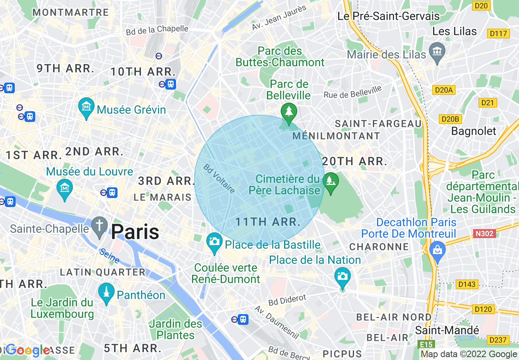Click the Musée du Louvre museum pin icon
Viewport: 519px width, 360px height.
[x=64, y=188]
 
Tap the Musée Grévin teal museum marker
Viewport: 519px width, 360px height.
[x=86, y=107]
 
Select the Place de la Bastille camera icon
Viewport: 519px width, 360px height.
[x=214, y=241]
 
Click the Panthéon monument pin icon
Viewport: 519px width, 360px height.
[x=106, y=292]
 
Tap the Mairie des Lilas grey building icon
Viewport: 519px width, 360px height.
[x=438, y=52]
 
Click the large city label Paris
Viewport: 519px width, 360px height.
[x=135, y=232]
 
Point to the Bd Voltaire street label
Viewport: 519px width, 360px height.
[x=220, y=179]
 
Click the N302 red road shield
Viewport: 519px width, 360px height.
[x=484, y=234]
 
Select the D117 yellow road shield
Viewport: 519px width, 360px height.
[x=498, y=34]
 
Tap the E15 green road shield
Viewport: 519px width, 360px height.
[x=425, y=344]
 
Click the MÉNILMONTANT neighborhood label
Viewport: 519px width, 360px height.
[x=336, y=136]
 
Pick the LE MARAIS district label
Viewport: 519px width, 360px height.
[x=162, y=197]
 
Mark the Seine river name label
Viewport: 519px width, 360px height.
[x=109, y=256]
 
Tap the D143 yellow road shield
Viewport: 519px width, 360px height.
[x=467, y=284]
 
